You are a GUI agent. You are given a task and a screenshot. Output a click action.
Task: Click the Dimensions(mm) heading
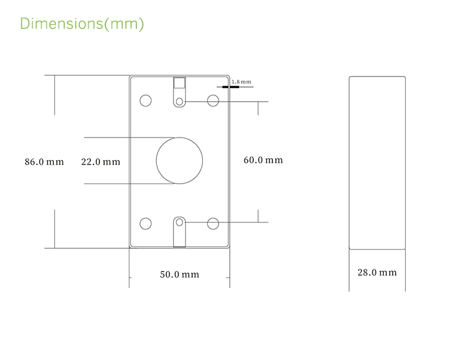[82, 24]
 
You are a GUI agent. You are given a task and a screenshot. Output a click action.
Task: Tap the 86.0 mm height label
[44, 162]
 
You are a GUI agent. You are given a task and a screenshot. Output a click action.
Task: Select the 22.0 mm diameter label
[101, 162]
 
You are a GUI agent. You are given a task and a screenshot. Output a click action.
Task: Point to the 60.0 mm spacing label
[263, 160]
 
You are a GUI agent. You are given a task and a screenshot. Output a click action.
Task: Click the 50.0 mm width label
[180, 274]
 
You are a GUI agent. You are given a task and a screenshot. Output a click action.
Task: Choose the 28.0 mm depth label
[377, 273]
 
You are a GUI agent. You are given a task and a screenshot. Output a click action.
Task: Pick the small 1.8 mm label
[241, 82]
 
